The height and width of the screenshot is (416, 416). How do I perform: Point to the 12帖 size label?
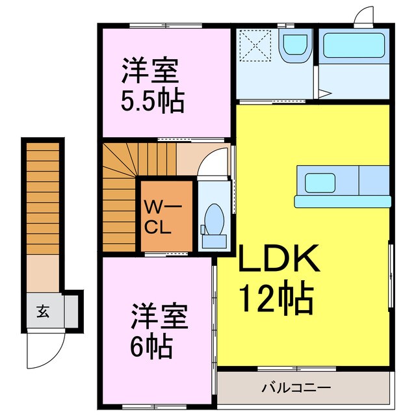point(276,298)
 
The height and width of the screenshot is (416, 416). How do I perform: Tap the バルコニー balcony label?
point(296,388)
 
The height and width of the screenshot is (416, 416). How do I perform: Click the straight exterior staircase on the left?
point(42,198)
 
